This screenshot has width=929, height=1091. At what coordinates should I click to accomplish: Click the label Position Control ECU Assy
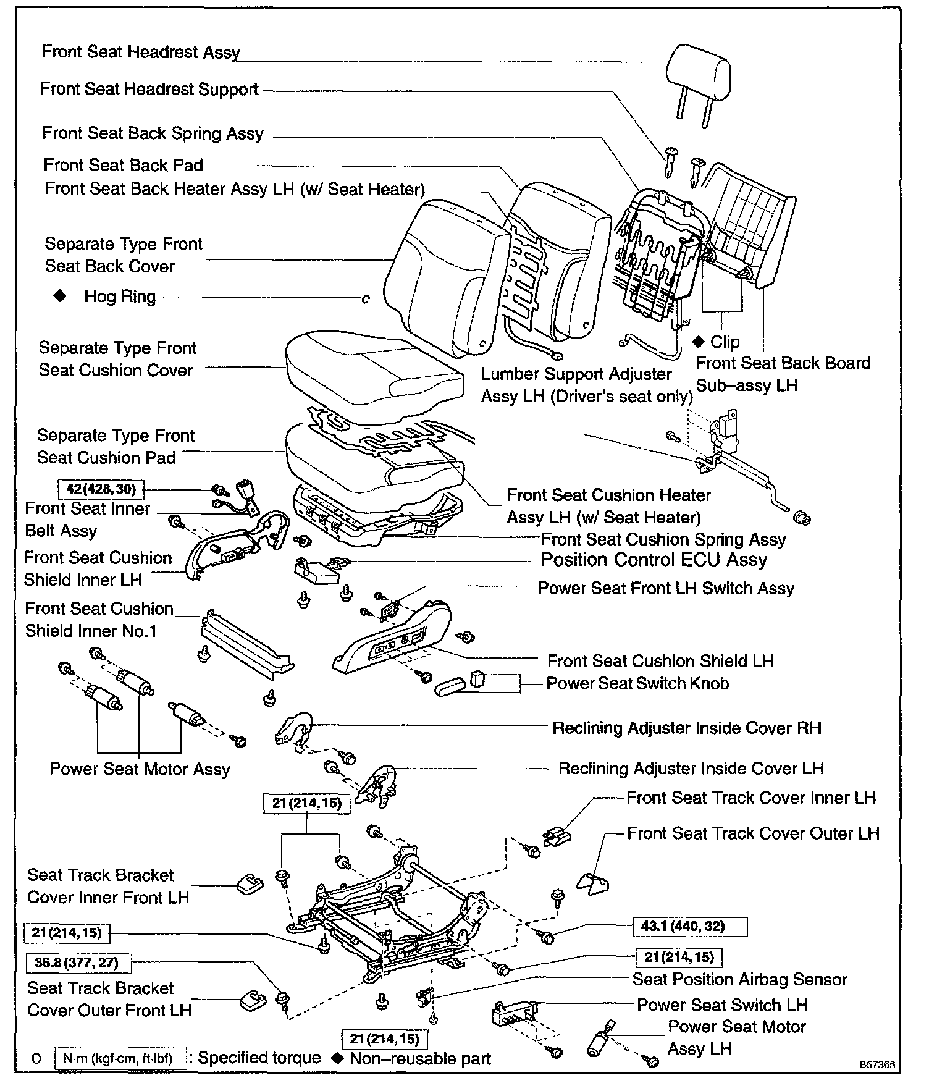point(654,560)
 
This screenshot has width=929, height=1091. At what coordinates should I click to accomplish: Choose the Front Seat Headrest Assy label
point(141,52)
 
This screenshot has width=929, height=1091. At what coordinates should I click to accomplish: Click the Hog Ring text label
point(120,297)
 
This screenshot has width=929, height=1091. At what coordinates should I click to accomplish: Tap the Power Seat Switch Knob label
point(637,683)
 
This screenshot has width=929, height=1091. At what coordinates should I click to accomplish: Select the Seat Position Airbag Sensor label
point(739,979)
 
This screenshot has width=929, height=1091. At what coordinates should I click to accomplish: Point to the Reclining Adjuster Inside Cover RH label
point(686,728)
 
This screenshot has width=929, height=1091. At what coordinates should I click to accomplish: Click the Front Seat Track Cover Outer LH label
point(753,833)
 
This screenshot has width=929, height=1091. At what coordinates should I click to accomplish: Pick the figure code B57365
point(876,1065)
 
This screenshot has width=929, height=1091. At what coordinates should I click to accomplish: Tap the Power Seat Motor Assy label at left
point(140,769)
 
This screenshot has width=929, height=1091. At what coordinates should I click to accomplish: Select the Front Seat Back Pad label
point(123,165)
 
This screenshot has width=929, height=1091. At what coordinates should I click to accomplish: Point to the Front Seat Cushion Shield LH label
point(660,661)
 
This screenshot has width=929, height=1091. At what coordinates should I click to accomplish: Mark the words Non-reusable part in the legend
point(420,1059)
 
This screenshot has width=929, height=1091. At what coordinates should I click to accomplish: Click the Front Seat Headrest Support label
point(149,89)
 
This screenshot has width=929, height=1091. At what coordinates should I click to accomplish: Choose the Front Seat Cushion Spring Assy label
point(663,539)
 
